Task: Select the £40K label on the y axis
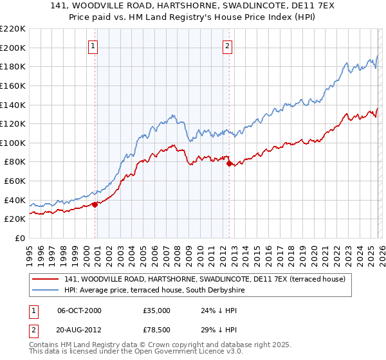(15, 200)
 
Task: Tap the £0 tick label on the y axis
(20, 238)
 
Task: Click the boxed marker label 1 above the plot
(93, 46)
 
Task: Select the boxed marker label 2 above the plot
(228, 46)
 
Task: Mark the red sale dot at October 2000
(95, 204)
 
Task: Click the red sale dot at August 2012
(229, 163)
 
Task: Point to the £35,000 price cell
(156, 310)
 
